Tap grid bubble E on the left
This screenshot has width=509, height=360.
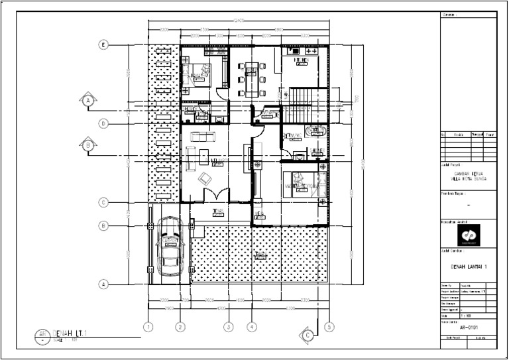[x=103, y=45]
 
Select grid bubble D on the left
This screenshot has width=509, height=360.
[x=103, y=123]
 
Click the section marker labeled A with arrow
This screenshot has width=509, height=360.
[x=87, y=101]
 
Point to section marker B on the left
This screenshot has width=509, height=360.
[x=87, y=143]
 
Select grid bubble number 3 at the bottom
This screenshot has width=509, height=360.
[x=228, y=326]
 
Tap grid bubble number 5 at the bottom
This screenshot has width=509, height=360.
[x=329, y=326]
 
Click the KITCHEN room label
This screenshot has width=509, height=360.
[x=301, y=60]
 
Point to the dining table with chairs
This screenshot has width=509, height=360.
[x=252, y=78]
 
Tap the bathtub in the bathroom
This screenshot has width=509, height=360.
[x=315, y=131]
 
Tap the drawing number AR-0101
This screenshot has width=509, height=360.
[x=468, y=327]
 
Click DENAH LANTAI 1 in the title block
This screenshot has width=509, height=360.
[x=468, y=267]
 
